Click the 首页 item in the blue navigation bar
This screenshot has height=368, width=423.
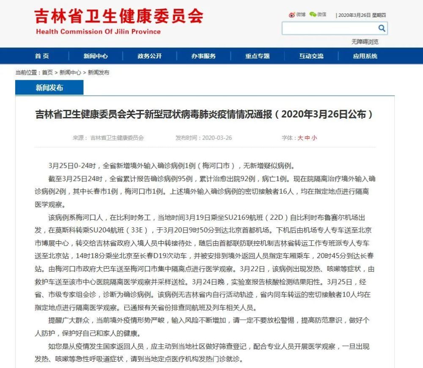coord(42,56)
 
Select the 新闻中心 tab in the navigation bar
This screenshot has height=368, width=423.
coord(96,56)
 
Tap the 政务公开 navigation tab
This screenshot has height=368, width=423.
coord(149,56)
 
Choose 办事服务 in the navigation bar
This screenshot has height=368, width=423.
coord(203,56)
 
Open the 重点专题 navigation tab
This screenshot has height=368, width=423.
coord(257,56)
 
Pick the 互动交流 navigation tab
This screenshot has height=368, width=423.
coord(311,56)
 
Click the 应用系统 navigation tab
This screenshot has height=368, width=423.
coord(365,56)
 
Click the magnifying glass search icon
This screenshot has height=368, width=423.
coord(382,28)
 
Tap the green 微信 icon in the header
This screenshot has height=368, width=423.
coord(313,15)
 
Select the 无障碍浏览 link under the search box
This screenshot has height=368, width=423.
coord(365,42)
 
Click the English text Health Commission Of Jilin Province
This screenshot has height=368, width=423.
coord(98,32)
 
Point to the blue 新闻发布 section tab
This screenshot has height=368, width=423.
coord(49,87)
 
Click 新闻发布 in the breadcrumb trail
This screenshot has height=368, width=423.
coord(99,72)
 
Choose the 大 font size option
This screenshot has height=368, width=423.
coord(300,138)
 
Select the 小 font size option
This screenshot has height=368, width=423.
coord(314,138)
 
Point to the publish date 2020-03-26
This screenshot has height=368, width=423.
coord(217,138)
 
